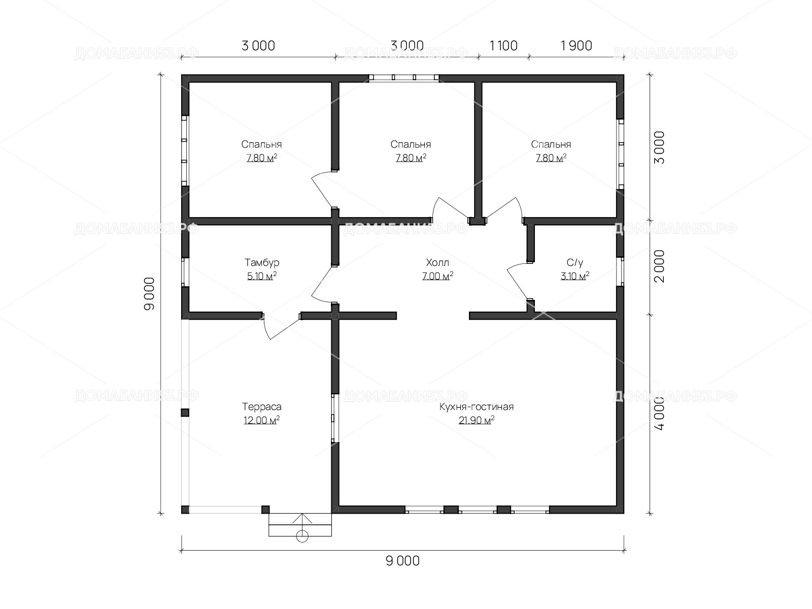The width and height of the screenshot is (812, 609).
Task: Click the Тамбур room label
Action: point(261,262)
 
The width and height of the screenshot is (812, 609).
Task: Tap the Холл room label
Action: point(437,262)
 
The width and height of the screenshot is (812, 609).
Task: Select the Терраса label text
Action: point(261,407)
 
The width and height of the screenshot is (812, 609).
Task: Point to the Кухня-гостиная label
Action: point(477,407)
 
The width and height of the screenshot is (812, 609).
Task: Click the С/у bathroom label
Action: point(575,262)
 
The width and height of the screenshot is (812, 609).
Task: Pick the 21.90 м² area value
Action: point(477,420)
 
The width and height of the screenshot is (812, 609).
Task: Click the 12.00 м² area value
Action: point(261,420)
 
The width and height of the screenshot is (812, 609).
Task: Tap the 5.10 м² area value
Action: point(262,276)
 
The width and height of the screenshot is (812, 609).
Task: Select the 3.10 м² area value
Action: point(575,276)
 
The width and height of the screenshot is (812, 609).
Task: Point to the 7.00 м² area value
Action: point(437,276)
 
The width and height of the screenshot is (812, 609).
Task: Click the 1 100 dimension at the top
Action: point(503,46)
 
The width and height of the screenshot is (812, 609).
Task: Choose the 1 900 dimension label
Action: point(577,46)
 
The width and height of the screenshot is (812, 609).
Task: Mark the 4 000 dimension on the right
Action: point(659,414)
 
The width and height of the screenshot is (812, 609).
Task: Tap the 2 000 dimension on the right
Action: point(659,266)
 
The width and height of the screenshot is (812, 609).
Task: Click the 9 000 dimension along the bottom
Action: point(402,561)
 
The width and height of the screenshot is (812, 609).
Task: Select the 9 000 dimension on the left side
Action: point(149,294)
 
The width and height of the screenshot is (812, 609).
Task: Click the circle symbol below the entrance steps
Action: point(302,536)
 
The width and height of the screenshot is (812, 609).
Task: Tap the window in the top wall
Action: point(404,78)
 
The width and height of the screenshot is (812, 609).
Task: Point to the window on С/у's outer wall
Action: point(620,272)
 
